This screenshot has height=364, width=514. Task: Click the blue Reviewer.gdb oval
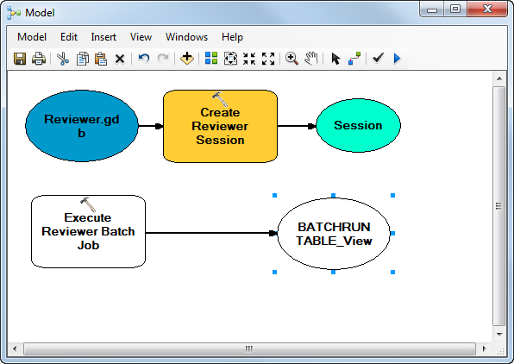[x=82, y=126]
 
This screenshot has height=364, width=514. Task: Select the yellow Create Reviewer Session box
[x=220, y=126]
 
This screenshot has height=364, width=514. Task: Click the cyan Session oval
[x=358, y=126]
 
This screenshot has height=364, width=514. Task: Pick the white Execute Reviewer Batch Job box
[x=88, y=232]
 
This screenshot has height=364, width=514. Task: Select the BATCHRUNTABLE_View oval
[x=334, y=234]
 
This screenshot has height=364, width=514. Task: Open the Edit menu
[x=69, y=37]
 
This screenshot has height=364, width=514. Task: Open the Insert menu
[x=103, y=37]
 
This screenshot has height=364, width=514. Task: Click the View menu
[x=141, y=37]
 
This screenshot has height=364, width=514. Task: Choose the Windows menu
[x=186, y=37]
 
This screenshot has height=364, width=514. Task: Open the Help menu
[x=232, y=37]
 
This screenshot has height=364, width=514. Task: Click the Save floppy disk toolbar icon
[x=20, y=59]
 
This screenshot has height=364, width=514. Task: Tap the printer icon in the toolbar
[x=38, y=59]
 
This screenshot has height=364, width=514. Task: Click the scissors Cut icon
[x=63, y=59]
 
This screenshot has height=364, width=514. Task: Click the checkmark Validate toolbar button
[x=378, y=59]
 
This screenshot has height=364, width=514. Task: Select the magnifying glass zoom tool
[x=291, y=59]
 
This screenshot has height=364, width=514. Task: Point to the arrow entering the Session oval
[x=298, y=126]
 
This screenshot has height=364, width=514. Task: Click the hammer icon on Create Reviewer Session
[x=219, y=98]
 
